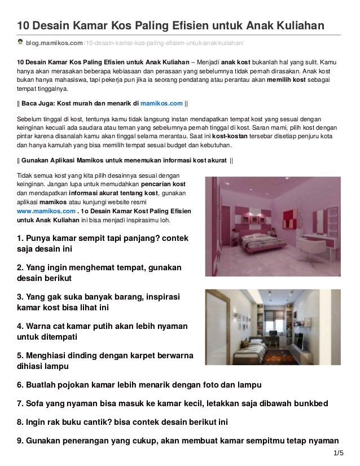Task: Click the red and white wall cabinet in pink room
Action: [x=252, y=208]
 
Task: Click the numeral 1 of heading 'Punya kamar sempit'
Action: [x=20, y=238]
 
